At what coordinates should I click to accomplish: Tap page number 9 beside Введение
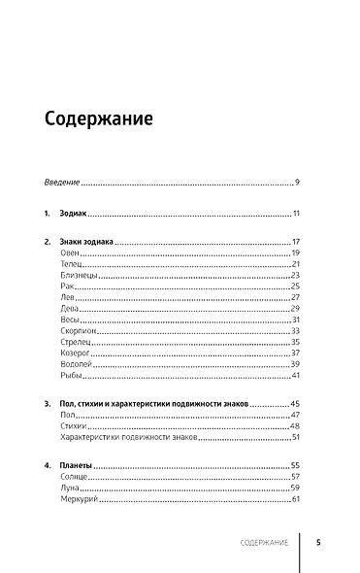point(297,182)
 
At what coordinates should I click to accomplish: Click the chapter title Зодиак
point(77,214)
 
